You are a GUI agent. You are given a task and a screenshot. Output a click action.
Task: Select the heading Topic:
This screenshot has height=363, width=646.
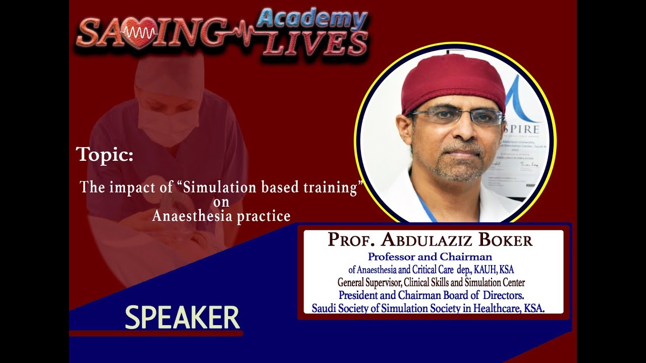104,154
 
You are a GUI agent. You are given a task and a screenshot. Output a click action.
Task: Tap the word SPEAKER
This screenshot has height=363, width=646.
182,318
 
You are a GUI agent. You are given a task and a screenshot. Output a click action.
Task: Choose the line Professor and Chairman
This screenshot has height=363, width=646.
430,257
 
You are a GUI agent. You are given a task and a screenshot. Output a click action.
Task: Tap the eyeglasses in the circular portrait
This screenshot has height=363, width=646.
457,116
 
